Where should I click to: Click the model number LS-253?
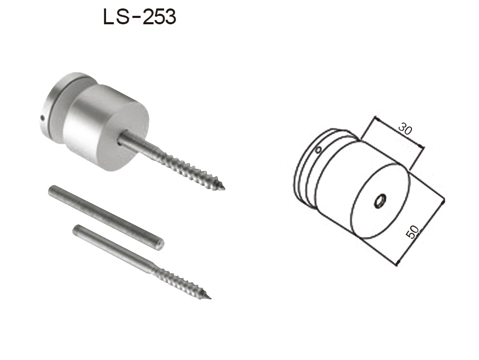139,17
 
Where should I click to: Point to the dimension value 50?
414,232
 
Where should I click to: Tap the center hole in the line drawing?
379,201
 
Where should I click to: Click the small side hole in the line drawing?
318,150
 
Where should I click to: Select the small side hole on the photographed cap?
42,118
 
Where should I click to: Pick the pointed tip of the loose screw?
209,298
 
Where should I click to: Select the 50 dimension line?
422,231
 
